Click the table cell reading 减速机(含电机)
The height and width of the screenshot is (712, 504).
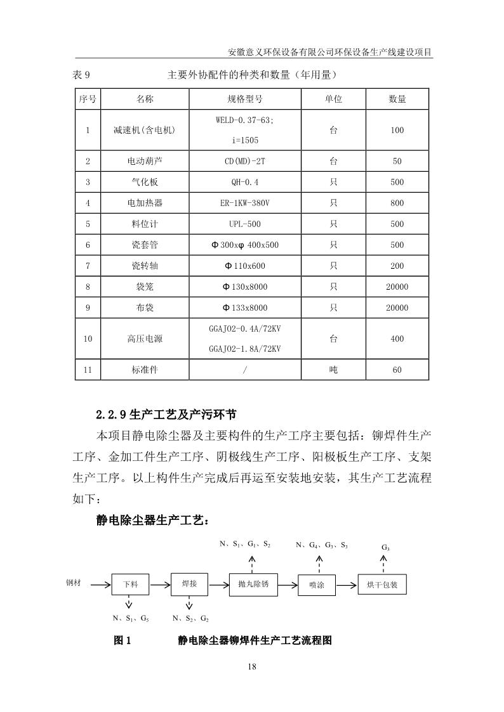pyautogui.click(x=144, y=130)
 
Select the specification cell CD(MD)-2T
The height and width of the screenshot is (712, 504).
pyautogui.click(x=244, y=161)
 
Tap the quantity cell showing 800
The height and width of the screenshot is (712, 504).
pyautogui.click(x=397, y=203)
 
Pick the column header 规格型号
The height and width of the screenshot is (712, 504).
pyautogui.click(x=244, y=100)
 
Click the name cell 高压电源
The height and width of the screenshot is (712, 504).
pyautogui.click(x=144, y=339)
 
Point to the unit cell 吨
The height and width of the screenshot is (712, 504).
pyautogui.click(x=333, y=370)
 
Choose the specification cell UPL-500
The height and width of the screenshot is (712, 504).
pyautogui.click(x=244, y=224)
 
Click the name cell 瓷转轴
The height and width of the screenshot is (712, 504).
pyautogui.click(x=144, y=266)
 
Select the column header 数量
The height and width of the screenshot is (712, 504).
pyautogui.click(x=397, y=100)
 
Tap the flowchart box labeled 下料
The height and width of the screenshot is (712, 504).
pyautogui.click(x=129, y=585)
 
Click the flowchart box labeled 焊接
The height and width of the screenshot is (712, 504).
pyautogui.click(x=189, y=584)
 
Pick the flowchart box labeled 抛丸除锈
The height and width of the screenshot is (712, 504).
pyautogui.click(x=253, y=584)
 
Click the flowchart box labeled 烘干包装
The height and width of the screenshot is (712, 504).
pyautogui.click(x=382, y=585)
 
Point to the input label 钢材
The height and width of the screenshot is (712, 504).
pyautogui.click(x=73, y=582)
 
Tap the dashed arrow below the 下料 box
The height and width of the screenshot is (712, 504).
pyautogui.click(x=129, y=602)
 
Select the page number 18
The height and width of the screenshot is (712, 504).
pyautogui.click(x=252, y=666)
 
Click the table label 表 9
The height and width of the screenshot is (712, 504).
pyautogui.click(x=83, y=75)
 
